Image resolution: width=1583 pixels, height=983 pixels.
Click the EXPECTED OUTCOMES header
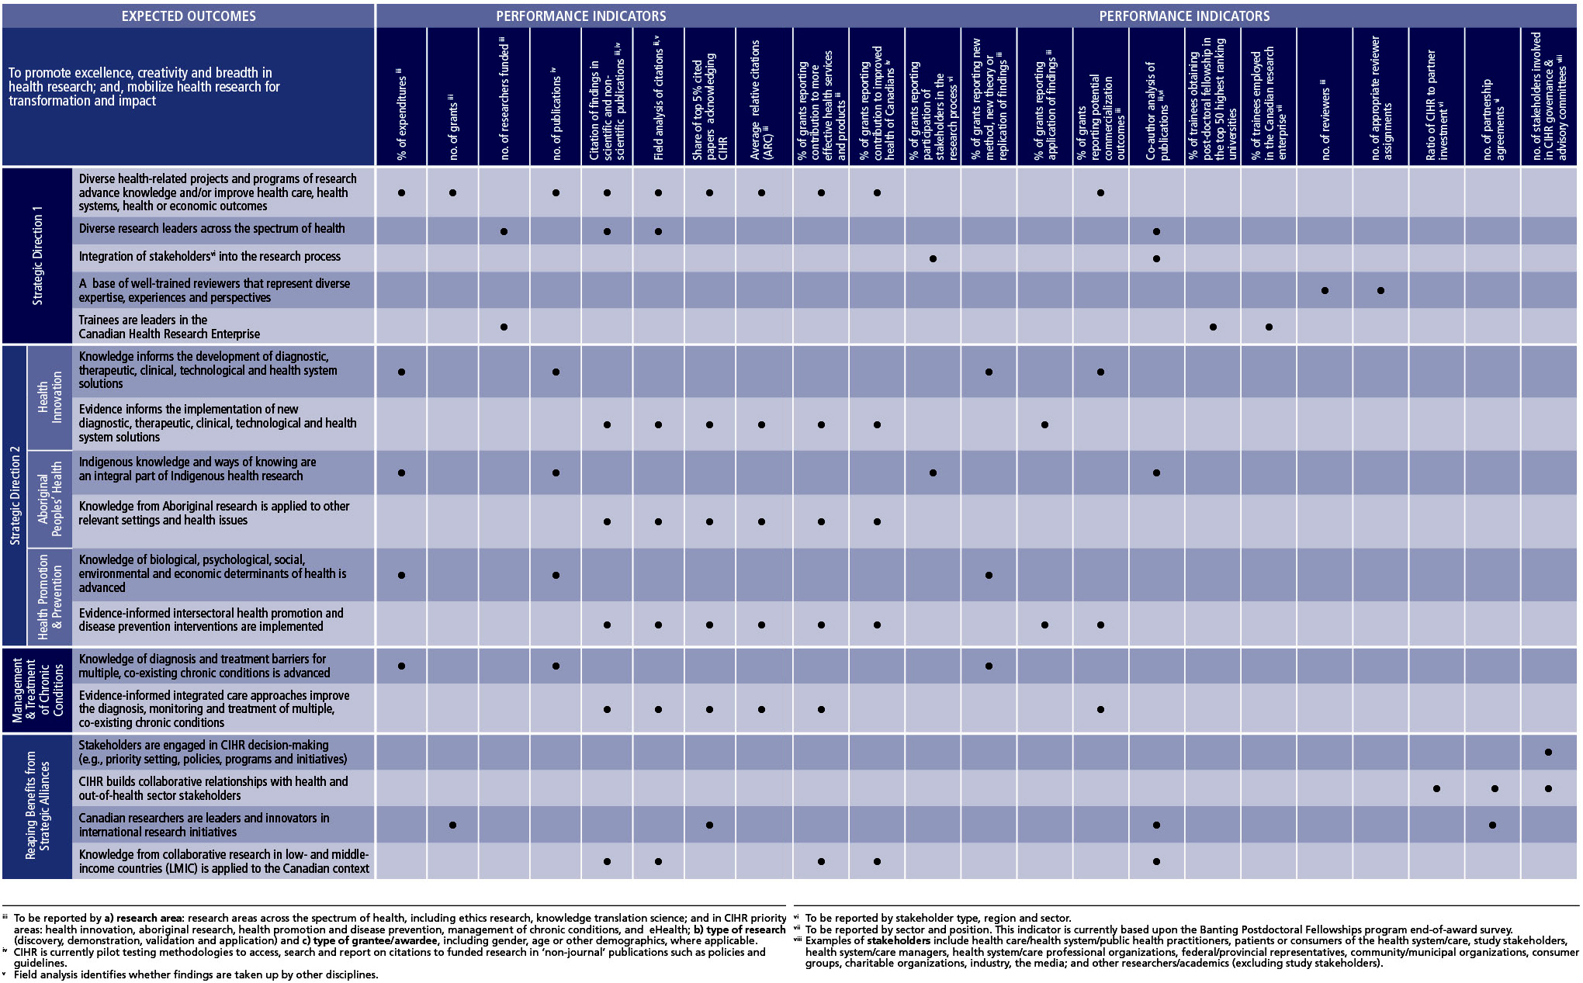pyautogui.click(x=189, y=16)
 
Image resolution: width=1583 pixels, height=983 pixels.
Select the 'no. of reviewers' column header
pyautogui.click(x=1325, y=119)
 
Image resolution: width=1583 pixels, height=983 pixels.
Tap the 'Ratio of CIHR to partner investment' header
pyautogui.click(x=1437, y=105)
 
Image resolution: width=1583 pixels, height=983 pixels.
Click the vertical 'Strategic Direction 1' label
pyautogui.click(x=37, y=255)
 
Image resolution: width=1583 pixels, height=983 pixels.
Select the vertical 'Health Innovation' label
pyautogui.click(x=50, y=397)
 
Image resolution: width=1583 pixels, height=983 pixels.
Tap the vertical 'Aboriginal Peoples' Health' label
pyautogui.click(x=50, y=499)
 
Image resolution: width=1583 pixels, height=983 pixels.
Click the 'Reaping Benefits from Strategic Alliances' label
pyautogui.click(x=37, y=805)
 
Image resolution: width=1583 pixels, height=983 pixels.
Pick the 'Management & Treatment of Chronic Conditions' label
pyautogui.click(x=37, y=691)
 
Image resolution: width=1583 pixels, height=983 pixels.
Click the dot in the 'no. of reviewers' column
pyautogui.click(x=1325, y=291)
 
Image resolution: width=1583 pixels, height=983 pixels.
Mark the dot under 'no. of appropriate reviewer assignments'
pyautogui.click(x=1380, y=291)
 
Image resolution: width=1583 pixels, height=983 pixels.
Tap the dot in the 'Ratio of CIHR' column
pyautogui.click(x=1436, y=789)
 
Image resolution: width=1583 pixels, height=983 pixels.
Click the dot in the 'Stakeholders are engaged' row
pyautogui.click(x=1548, y=752)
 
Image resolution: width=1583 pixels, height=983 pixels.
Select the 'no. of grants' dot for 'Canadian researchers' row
pyautogui.click(x=452, y=826)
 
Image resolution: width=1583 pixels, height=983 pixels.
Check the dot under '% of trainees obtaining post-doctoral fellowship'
pyautogui.click(x=1213, y=327)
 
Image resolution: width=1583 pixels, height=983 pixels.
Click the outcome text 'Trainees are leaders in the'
pyautogui.click(x=143, y=320)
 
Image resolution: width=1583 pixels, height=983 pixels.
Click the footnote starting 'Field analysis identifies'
pyautogui.click(x=196, y=974)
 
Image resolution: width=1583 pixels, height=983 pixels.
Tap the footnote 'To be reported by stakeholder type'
pyautogui.click(x=938, y=918)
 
